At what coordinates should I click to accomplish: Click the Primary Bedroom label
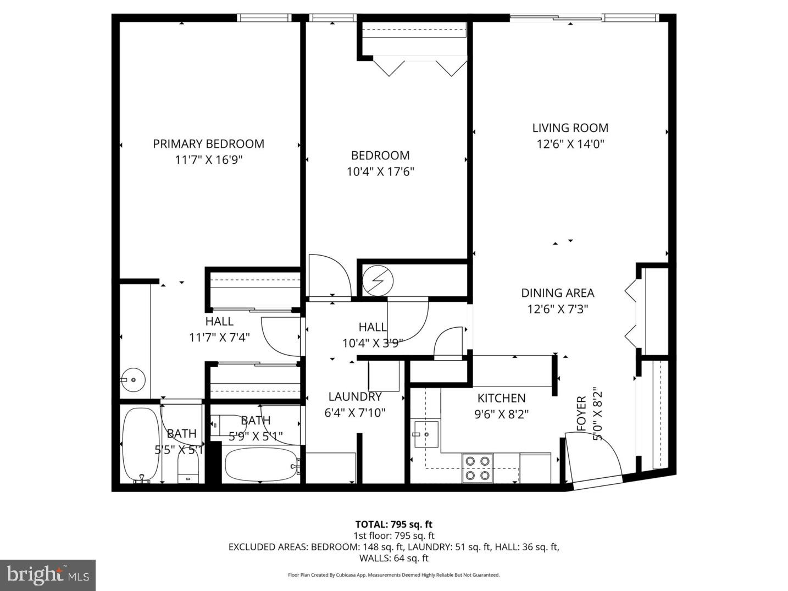coord(208,144)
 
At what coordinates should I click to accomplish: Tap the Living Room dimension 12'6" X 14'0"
coord(570,145)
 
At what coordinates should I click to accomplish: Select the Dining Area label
coord(557,293)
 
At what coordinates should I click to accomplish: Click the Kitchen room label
coord(501,398)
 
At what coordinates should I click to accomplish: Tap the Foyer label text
coord(581,413)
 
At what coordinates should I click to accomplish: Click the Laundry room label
coord(355,396)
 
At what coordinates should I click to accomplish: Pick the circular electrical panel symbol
coord(378,281)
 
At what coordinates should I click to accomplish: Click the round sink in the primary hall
coord(132,379)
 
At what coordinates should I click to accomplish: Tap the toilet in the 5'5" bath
coord(188,471)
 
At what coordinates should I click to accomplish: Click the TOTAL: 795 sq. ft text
coord(393,524)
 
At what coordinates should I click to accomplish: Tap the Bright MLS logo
coord(48,575)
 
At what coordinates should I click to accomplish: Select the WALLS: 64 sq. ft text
coord(393,558)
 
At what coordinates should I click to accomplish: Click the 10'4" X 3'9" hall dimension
coord(373,344)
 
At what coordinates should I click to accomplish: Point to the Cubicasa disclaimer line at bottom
coord(393,575)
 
